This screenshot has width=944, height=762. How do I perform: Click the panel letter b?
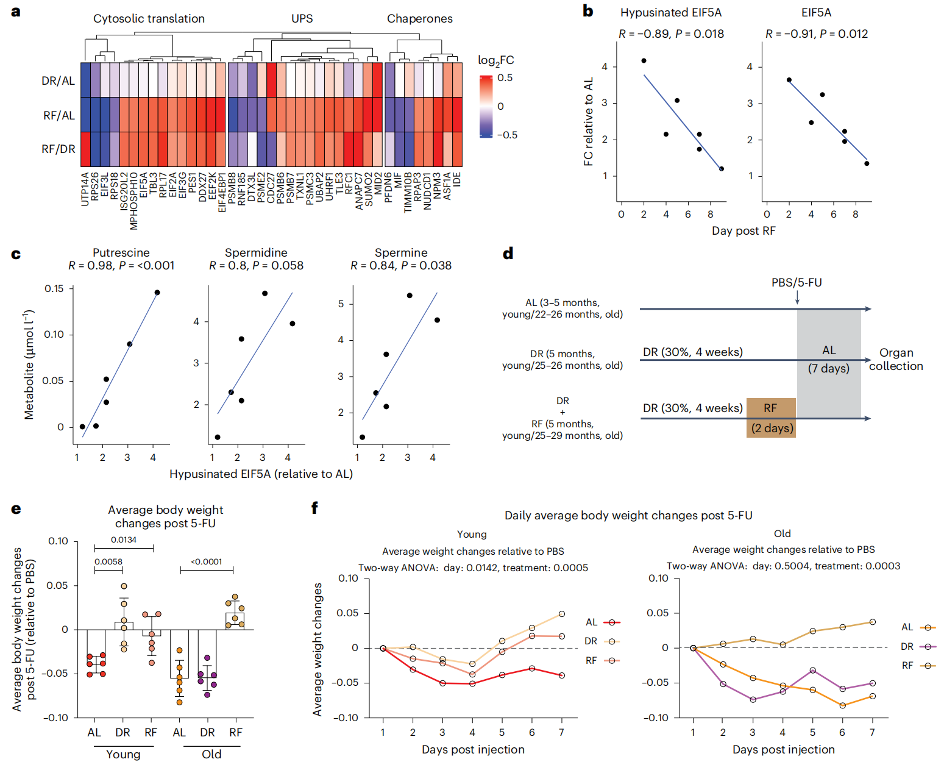coord(588,11)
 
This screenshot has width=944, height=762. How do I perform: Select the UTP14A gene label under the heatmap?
coord(85,188)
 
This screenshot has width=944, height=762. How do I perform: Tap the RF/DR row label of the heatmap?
coord(59,149)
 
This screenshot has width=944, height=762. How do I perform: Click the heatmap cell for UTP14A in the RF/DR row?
coord(85,149)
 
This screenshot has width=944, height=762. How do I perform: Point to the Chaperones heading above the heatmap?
coord(419,19)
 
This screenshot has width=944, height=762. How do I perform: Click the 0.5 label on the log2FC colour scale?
coord(505,78)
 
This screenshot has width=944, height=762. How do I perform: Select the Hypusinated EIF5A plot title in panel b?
coord(670,13)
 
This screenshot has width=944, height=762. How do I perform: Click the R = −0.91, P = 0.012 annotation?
coord(816,34)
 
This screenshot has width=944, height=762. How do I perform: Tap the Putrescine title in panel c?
coord(121,252)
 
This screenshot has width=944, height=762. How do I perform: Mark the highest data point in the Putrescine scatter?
coord(157,293)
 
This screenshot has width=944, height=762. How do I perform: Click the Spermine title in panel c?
coord(400,252)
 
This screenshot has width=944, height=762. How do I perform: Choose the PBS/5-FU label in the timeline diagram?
coord(796,283)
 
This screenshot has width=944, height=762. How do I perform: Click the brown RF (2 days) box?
coord(771,418)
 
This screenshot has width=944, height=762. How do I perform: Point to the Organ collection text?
coord(896,359)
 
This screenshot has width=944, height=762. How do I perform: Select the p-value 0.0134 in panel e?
coord(124,539)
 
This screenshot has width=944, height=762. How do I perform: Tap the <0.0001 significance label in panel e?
coord(207,561)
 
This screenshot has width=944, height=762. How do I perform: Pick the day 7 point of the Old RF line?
coord(872,622)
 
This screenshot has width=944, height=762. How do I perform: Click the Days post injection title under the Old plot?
coord(783,749)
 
